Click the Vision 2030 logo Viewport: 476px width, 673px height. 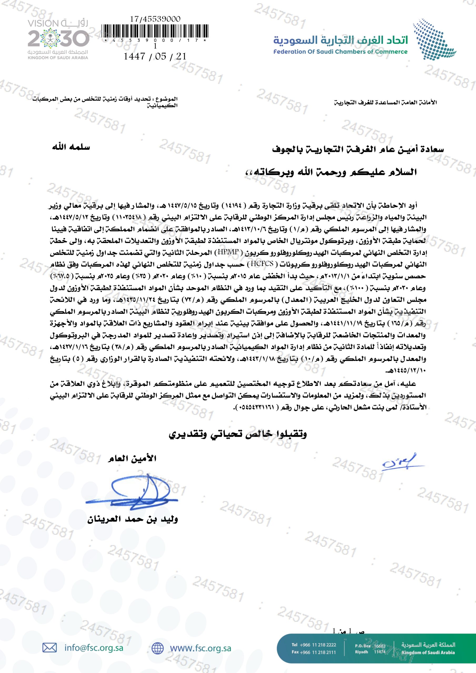click(x=58, y=39)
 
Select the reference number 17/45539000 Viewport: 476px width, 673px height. click(x=155, y=19)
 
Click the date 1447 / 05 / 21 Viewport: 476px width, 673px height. click(x=155, y=56)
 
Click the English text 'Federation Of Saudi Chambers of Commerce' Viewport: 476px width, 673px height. click(x=340, y=52)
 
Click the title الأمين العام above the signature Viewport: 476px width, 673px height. click(x=132, y=459)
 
